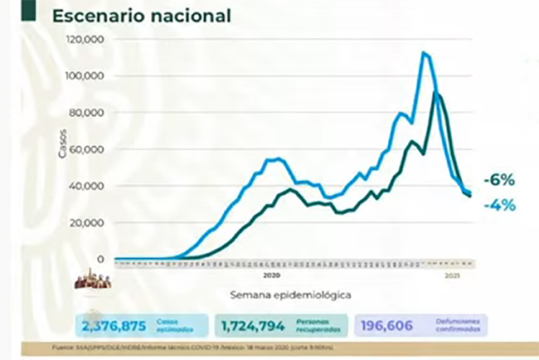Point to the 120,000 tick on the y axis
tap(85, 40)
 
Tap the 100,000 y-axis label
tap(85, 76)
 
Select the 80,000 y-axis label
tap(87, 113)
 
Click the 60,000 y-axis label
tap(87, 149)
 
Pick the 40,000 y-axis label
tap(87, 186)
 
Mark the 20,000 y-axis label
tap(87, 222)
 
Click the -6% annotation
tap(501, 180)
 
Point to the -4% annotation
tap(501, 203)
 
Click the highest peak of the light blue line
tap(424, 53)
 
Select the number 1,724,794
tap(250, 326)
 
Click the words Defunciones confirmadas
tap(459, 326)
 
